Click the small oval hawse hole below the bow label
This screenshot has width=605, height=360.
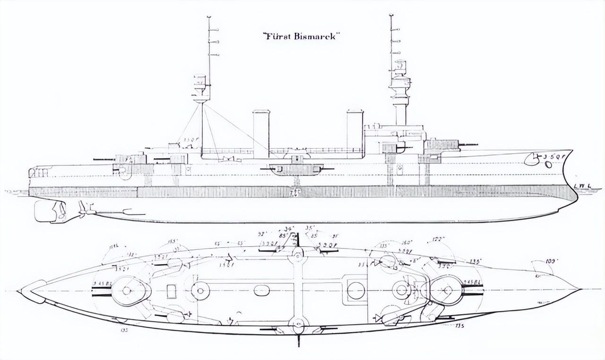[548, 164]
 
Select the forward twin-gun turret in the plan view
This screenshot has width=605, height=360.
[445, 290]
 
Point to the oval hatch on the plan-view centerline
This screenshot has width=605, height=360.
[261, 290]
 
